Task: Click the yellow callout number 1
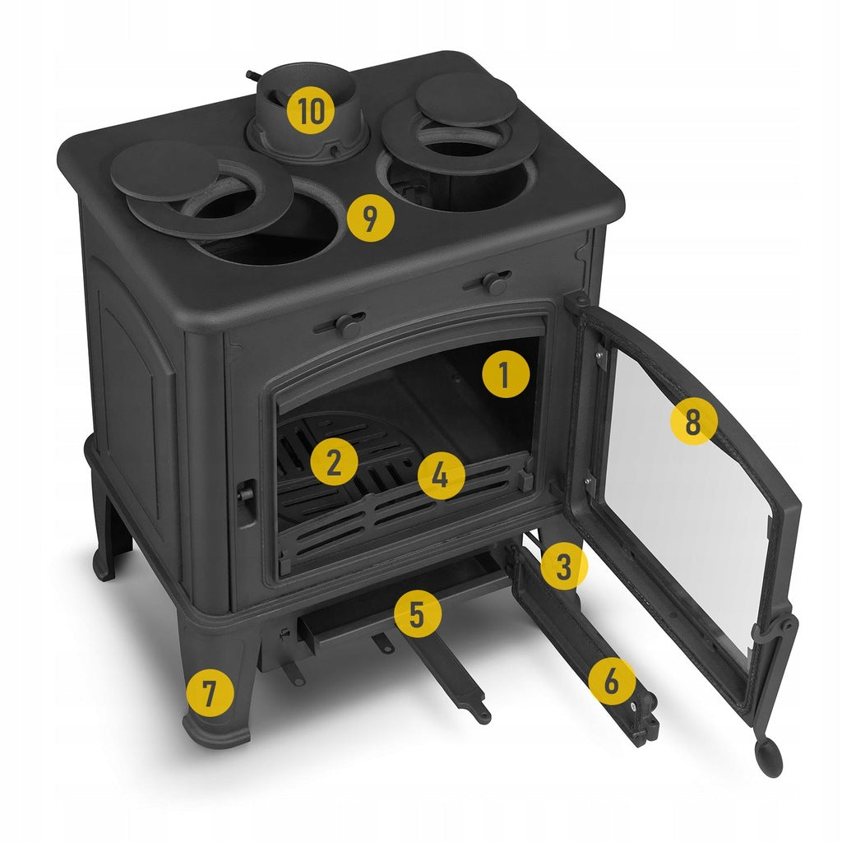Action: pyautogui.click(x=506, y=374)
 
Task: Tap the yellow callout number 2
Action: pyautogui.click(x=334, y=462)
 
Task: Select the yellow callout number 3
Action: pyautogui.click(x=563, y=566)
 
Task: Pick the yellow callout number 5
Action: pyautogui.click(x=417, y=613)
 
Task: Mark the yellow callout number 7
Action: pyautogui.click(x=210, y=692)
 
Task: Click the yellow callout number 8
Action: pyautogui.click(x=694, y=422)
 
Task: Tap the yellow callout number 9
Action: pyautogui.click(x=371, y=218)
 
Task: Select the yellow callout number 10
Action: pyautogui.click(x=310, y=111)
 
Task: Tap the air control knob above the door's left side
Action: pyautogui.click(x=343, y=324)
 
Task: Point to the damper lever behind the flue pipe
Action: pyautogui.click(x=253, y=74)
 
